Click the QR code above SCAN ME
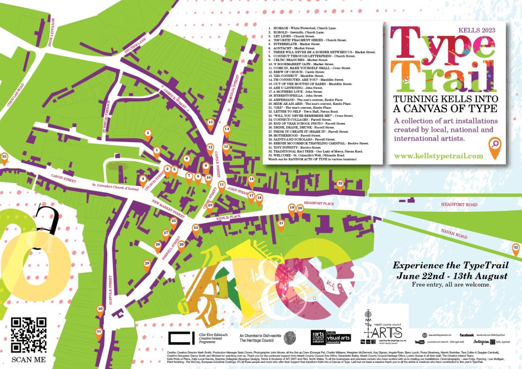point(29,335)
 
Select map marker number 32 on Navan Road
point(515,248)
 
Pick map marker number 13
point(210,123)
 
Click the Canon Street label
point(53,178)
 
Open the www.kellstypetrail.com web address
point(438,156)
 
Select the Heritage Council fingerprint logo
point(289,337)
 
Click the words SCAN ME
point(29,359)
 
